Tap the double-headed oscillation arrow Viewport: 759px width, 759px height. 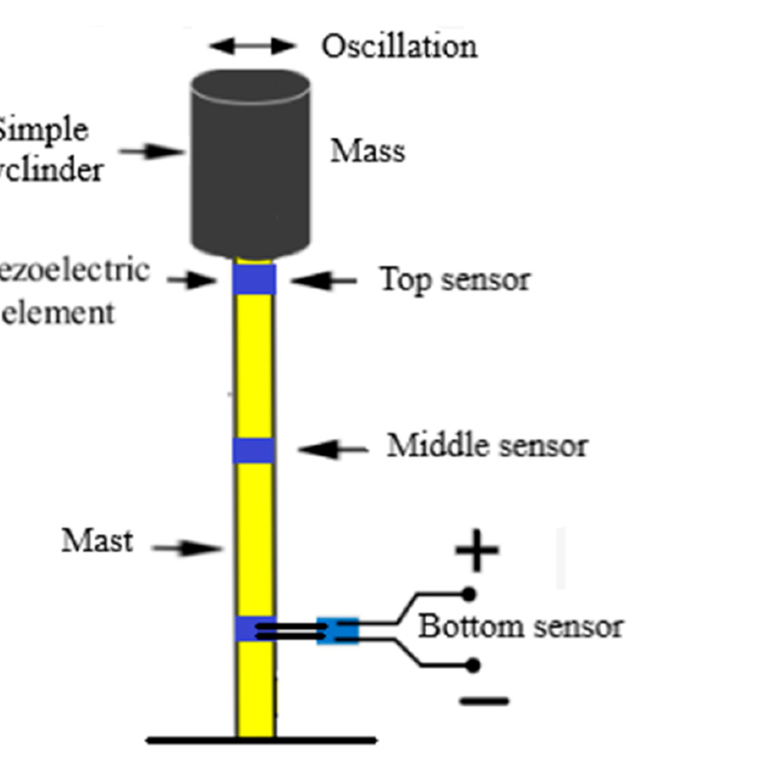[x=252, y=46]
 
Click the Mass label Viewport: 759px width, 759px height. [x=368, y=152]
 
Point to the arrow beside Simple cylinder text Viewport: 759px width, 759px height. [x=152, y=151]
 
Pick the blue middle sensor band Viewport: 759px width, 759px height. [x=254, y=450]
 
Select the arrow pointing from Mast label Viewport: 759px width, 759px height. [x=187, y=548]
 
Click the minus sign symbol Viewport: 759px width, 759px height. [x=484, y=701]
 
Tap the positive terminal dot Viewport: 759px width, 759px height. [x=469, y=594]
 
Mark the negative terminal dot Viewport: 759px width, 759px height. [x=473, y=665]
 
